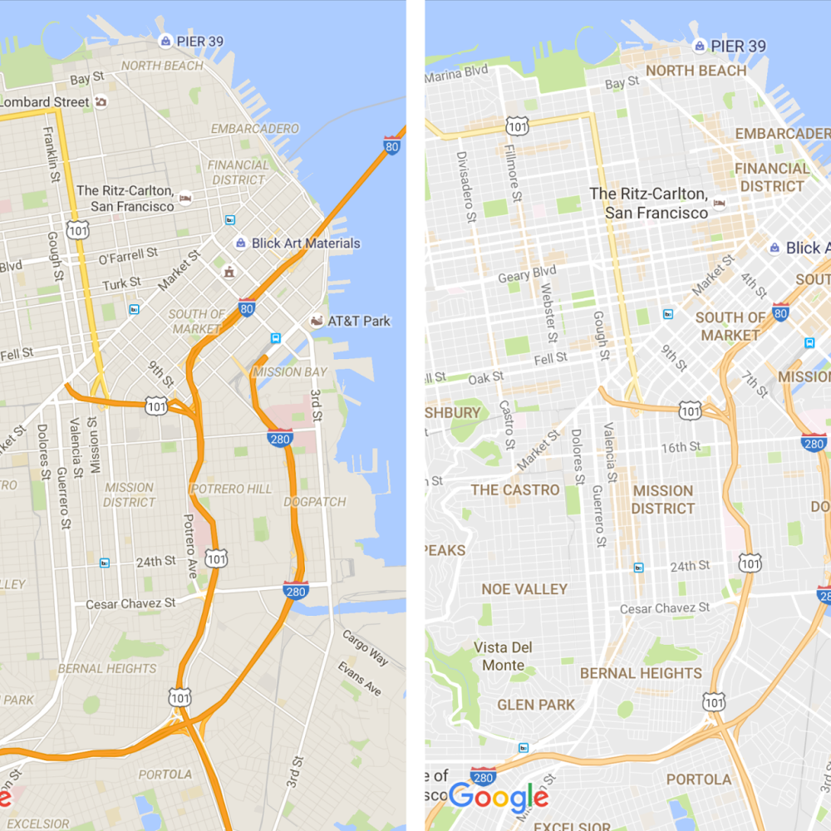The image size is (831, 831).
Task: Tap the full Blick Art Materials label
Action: tap(306, 243)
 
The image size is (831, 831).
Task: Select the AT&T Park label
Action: tap(358, 321)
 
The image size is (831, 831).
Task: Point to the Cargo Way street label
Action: tap(365, 647)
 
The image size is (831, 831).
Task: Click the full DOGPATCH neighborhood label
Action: tap(315, 502)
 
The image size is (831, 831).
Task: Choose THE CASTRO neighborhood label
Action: tap(515, 489)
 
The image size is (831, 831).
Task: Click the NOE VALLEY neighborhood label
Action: tap(524, 589)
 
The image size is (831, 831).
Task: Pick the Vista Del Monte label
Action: tap(504, 656)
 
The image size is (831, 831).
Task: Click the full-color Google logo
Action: tap(499, 798)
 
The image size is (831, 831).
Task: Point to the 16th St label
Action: tap(681, 447)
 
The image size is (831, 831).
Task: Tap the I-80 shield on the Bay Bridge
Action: tap(392, 145)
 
